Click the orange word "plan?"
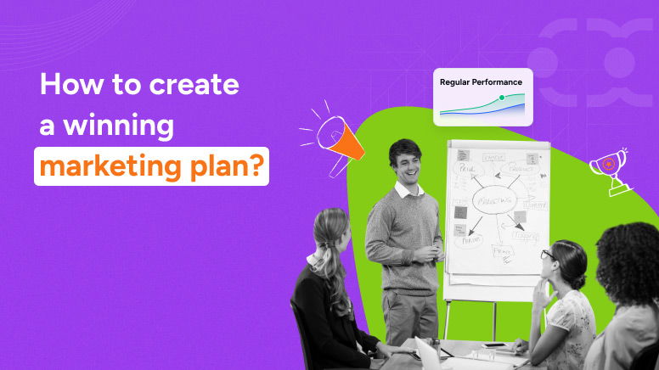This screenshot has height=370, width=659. pos(230,165)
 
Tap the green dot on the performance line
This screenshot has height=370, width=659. pos(502,98)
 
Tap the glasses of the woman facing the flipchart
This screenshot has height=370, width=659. pos(548,254)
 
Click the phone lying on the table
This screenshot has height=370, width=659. pos(494,346)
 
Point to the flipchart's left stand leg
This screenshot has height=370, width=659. pos(447,318)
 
